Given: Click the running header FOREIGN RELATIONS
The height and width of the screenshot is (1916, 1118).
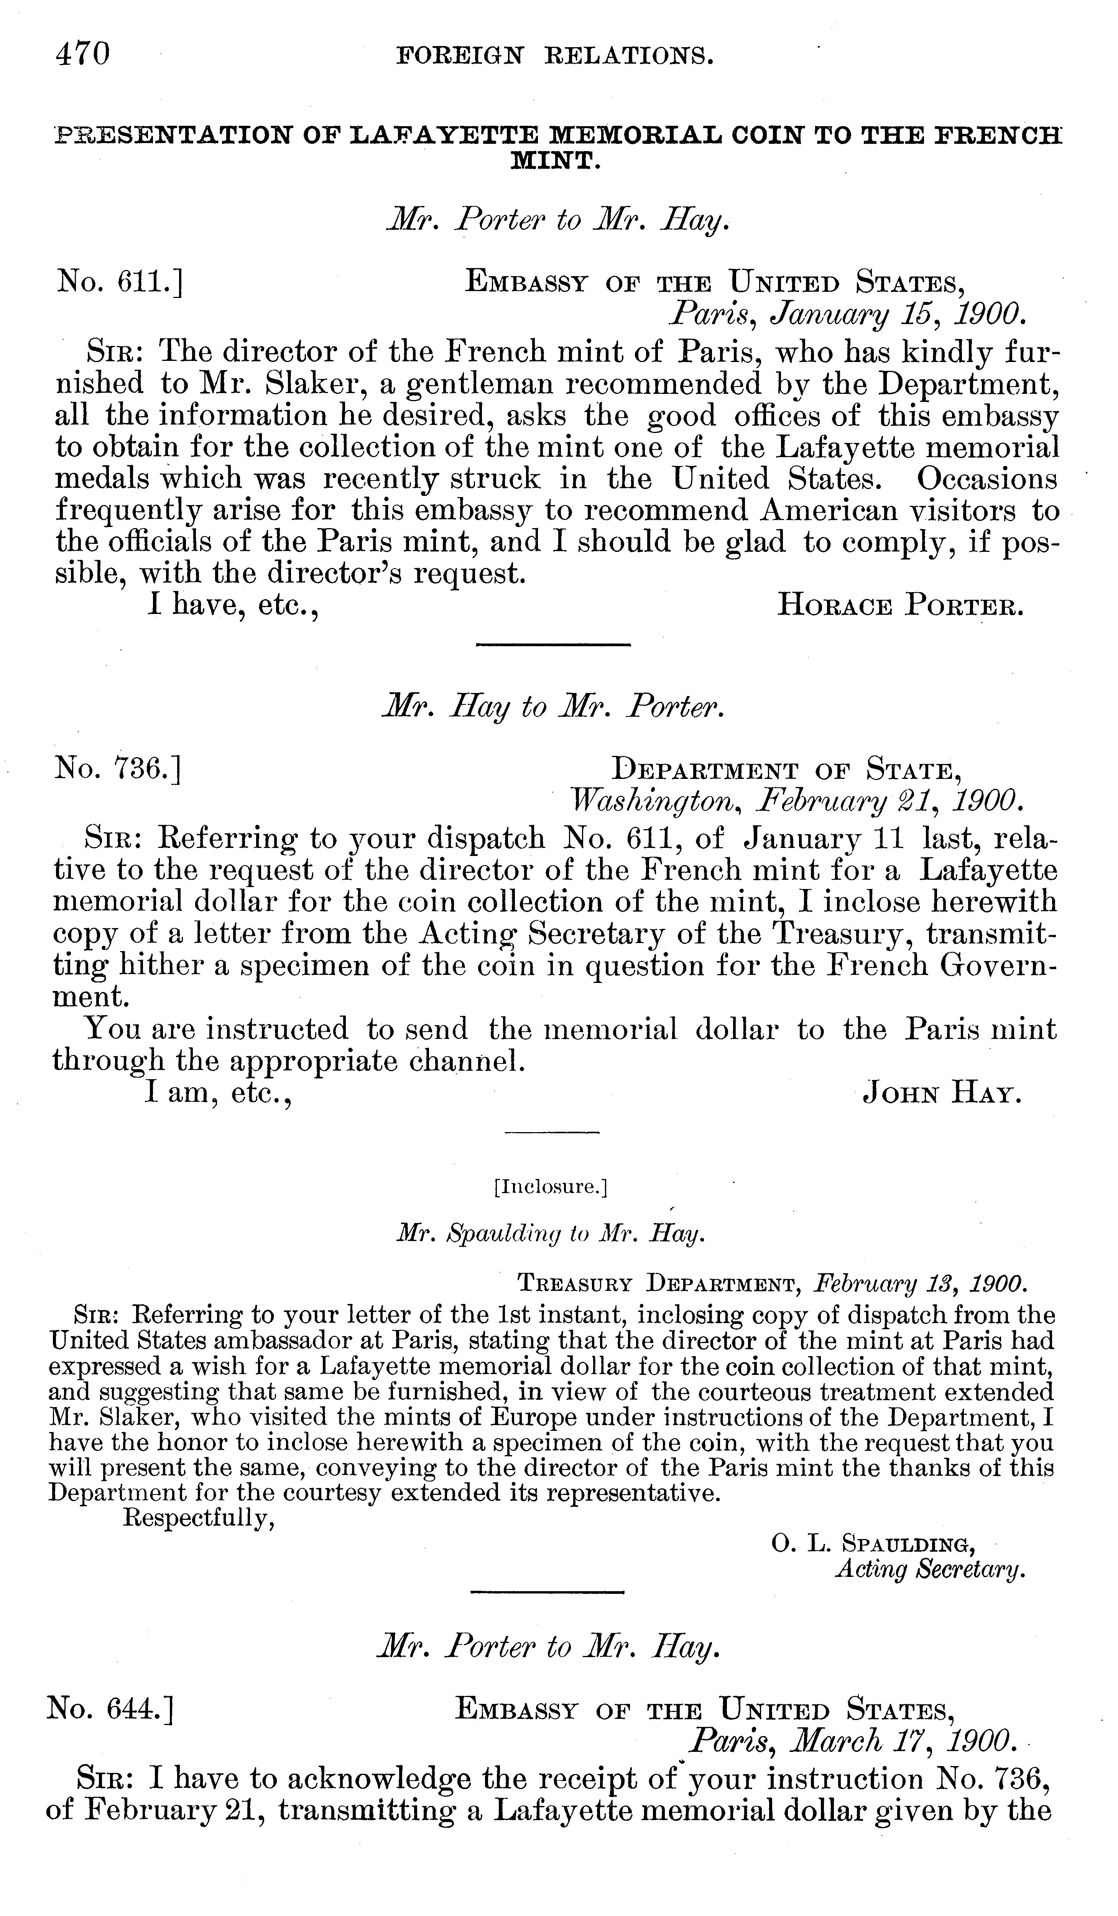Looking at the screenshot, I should pyautogui.click(x=556, y=56).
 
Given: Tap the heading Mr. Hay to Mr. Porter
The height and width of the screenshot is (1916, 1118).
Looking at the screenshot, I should pyautogui.click(x=552, y=709).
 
